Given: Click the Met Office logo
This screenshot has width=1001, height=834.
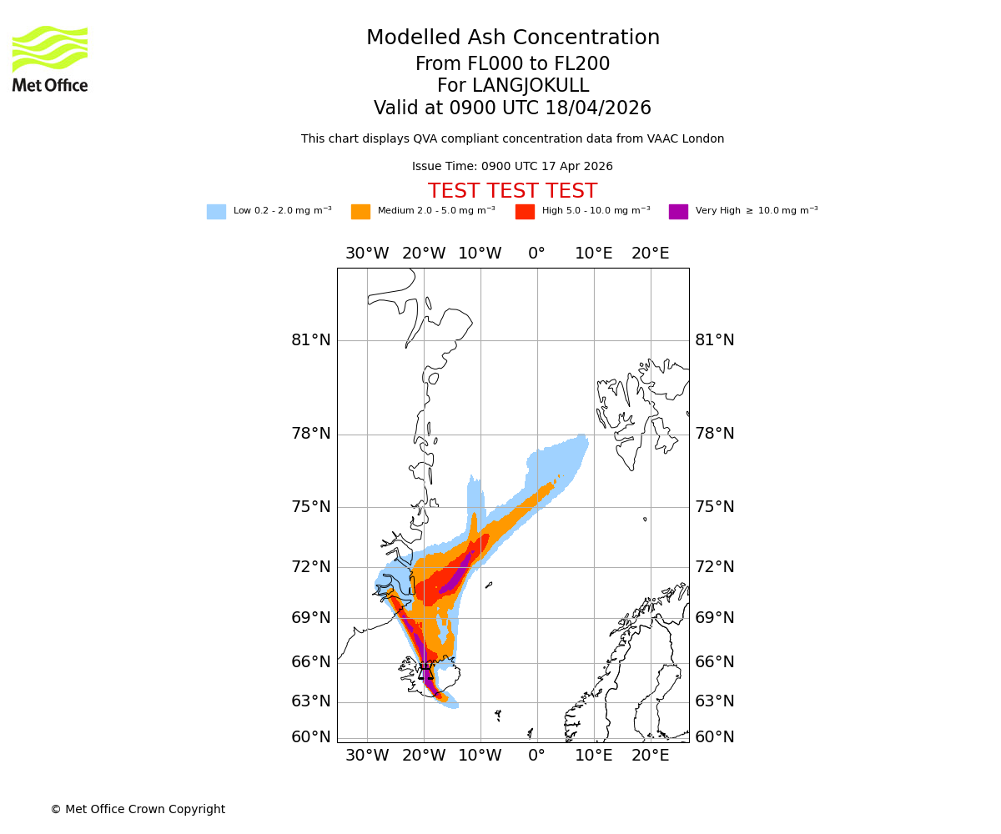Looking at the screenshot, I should point(50,58).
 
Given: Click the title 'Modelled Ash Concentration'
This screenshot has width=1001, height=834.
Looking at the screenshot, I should point(513,38).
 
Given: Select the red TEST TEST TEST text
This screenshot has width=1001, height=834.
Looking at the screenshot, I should point(512,191).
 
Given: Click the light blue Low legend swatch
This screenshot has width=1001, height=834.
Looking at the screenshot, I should point(216,212).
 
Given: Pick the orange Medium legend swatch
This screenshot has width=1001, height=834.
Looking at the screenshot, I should point(360,212).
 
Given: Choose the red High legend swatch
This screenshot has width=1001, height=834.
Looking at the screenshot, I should point(525,212).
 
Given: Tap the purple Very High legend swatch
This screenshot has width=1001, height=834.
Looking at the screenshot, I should point(678,212).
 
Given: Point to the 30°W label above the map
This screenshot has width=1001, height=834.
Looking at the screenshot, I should point(367,254).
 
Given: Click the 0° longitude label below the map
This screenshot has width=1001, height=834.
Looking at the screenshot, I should point(536,756).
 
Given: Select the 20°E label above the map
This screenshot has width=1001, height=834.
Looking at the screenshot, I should point(650,254).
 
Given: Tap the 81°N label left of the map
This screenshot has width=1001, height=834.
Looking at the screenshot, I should point(311,340).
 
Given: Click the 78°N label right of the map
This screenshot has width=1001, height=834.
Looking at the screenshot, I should point(715,434).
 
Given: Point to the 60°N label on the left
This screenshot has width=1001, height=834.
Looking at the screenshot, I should point(311,737).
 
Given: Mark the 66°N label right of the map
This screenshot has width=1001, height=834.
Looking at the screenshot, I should point(715,662).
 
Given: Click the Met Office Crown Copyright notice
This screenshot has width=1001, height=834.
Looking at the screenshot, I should point(138,810).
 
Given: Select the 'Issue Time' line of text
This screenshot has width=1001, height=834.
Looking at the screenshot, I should point(512,167).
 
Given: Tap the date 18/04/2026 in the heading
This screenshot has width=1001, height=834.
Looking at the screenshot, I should point(598,108).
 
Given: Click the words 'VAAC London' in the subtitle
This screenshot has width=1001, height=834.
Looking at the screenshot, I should point(689,139).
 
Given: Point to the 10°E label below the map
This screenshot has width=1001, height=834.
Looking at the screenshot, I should point(593,756).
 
